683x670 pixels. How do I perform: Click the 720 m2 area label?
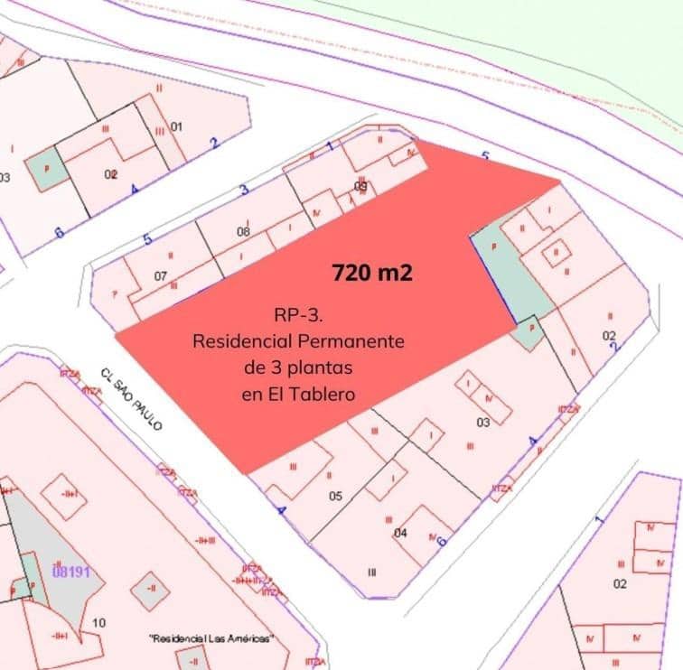pyautogui.click(x=373, y=272)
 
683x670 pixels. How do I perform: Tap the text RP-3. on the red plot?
pyautogui.click(x=297, y=317)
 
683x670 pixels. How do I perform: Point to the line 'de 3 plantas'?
pyautogui.click(x=297, y=368)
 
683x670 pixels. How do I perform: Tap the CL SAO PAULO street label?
pyautogui.click(x=131, y=398)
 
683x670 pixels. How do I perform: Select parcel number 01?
pyautogui.click(x=176, y=126)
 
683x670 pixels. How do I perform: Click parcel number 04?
pyautogui.click(x=400, y=533)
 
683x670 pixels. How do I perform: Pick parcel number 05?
pyautogui.click(x=335, y=496)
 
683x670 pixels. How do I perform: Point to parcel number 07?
pyautogui.click(x=161, y=275)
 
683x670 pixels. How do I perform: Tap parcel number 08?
pyautogui.click(x=243, y=232)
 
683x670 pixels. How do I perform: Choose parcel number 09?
pyautogui.click(x=360, y=187)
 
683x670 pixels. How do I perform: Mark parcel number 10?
pyautogui.click(x=99, y=623)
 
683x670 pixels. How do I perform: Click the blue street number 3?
pyautogui.click(x=243, y=190)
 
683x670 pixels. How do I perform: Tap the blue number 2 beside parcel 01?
pyautogui.click(x=214, y=143)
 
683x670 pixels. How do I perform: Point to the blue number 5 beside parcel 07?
pyautogui.click(x=148, y=240)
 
